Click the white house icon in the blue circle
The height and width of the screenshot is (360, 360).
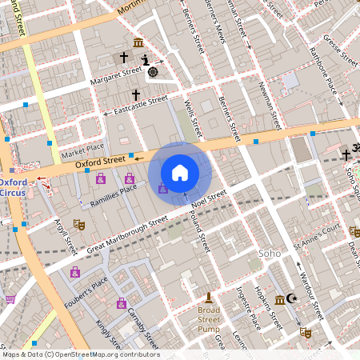click(x=180, y=172)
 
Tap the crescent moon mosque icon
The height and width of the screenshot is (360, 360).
click(x=292, y=299)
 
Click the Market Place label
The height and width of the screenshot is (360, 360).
click(x=83, y=148)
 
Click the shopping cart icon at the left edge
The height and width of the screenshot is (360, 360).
click(x=10, y=299)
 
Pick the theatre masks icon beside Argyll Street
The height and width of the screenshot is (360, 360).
click(x=78, y=225)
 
